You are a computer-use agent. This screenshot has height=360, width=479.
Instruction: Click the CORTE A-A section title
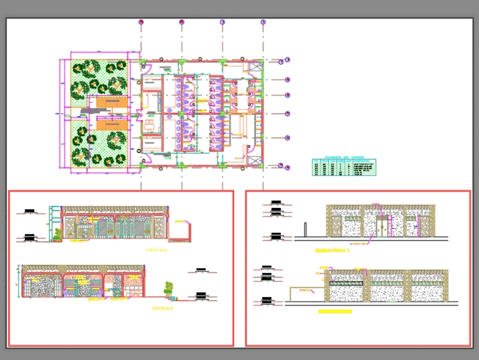pyautogui.click(x=157, y=250)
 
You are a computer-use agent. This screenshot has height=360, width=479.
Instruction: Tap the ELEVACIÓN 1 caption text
pyautogui.click(x=332, y=250)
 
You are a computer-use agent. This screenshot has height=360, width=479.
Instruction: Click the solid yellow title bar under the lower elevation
pyautogui.click(x=335, y=312)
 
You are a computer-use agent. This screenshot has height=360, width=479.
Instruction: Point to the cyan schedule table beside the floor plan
pyautogui.click(x=344, y=167)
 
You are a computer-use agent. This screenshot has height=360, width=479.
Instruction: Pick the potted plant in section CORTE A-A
pyautogui.click(x=58, y=234)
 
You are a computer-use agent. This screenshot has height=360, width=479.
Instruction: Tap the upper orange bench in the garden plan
pyautogui.click(x=112, y=102)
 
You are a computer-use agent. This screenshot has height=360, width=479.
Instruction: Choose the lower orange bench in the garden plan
pyautogui.click(x=112, y=124)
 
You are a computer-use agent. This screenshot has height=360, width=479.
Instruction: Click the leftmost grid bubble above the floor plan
pyautogui.click(x=141, y=22)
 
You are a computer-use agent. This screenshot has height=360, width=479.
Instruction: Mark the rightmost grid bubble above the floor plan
pyautogui.click(x=263, y=22)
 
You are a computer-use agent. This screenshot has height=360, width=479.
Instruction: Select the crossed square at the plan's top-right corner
pyautogui.click(x=253, y=67)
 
